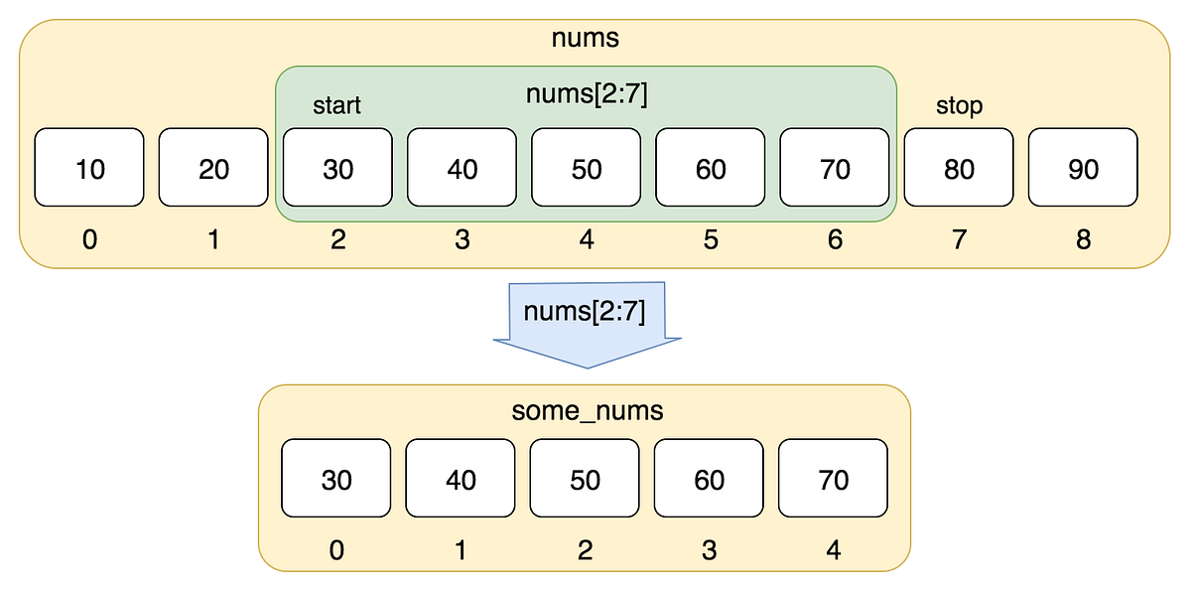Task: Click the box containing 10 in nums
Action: pyautogui.click(x=89, y=167)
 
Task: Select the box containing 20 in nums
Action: pyautogui.click(x=213, y=167)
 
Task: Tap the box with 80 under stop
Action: pyautogui.click(x=959, y=167)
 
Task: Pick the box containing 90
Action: pyautogui.click(x=1083, y=167)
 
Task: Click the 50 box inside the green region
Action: pyautogui.click(x=587, y=167)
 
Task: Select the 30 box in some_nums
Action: pyautogui.click(x=336, y=480)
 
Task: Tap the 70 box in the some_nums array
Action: pyautogui.click(x=834, y=480)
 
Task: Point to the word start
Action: pyautogui.click(x=337, y=105)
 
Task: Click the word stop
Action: pyautogui.click(x=959, y=105)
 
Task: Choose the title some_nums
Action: pyautogui.click(x=585, y=410)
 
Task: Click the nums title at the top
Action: pyautogui.click(x=586, y=39)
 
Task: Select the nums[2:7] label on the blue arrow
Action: pyautogui.click(x=585, y=313)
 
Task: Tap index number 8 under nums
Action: pyautogui.click(x=1083, y=239)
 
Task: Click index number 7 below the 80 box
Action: pyautogui.click(x=959, y=239)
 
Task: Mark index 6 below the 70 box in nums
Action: pyautogui.click(x=835, y=239)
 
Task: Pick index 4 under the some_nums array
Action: pyautogui.click(x=834, y=549)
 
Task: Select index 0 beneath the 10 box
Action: pyautogui.click(x=89, y=239)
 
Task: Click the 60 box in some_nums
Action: pyautogui.click(x=709, y=480)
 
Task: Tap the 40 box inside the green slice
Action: pyautogui.click(x=463, y=167)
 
